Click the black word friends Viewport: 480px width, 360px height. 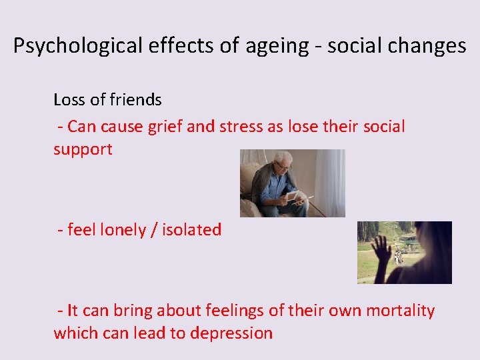point(136,100)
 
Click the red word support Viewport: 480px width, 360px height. point(83,149)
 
